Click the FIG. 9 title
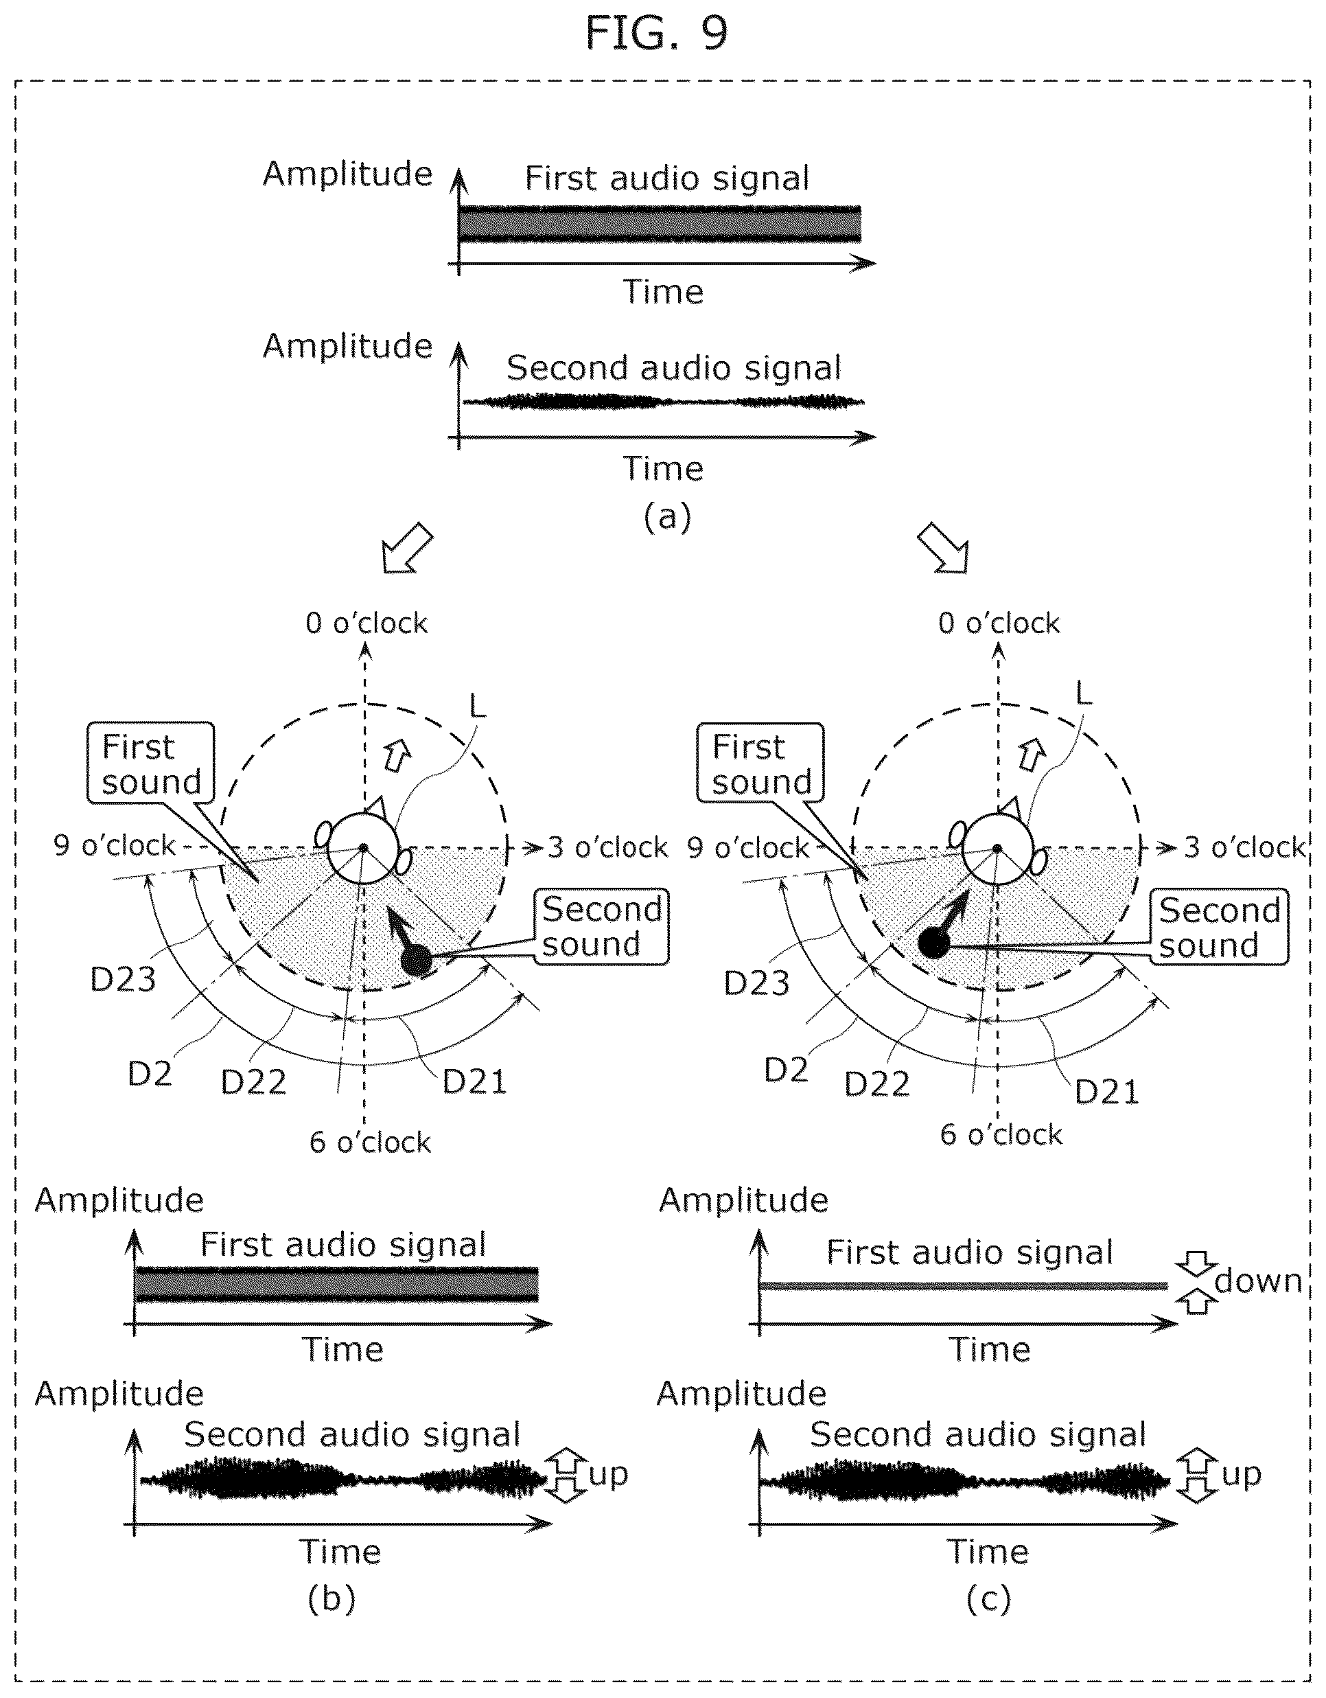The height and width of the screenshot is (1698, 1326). click(x=656, y=34)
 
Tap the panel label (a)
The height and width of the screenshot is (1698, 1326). click(x=667, y=516)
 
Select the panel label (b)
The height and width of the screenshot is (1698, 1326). click(x=331, y=1599)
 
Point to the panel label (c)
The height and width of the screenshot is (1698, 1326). click(x=989, y=1599)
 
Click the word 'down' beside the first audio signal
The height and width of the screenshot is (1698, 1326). click(x=1257, y=1281)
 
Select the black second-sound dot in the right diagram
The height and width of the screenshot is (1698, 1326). click(x=933, y=943)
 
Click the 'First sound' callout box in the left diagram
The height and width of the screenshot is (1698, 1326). click(x=151, y=763)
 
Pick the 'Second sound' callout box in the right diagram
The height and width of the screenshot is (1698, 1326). click(x=1219, y=927)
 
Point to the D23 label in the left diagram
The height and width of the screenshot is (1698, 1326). click(x=123, y=980)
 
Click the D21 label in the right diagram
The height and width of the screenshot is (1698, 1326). click(x=1106, y=1092)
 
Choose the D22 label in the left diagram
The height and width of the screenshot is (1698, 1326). click(x=253, y=1081)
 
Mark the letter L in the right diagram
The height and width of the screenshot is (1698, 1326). click(x=1083, y=692)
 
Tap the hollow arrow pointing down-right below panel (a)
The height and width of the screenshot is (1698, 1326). click(x=943, y=547)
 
